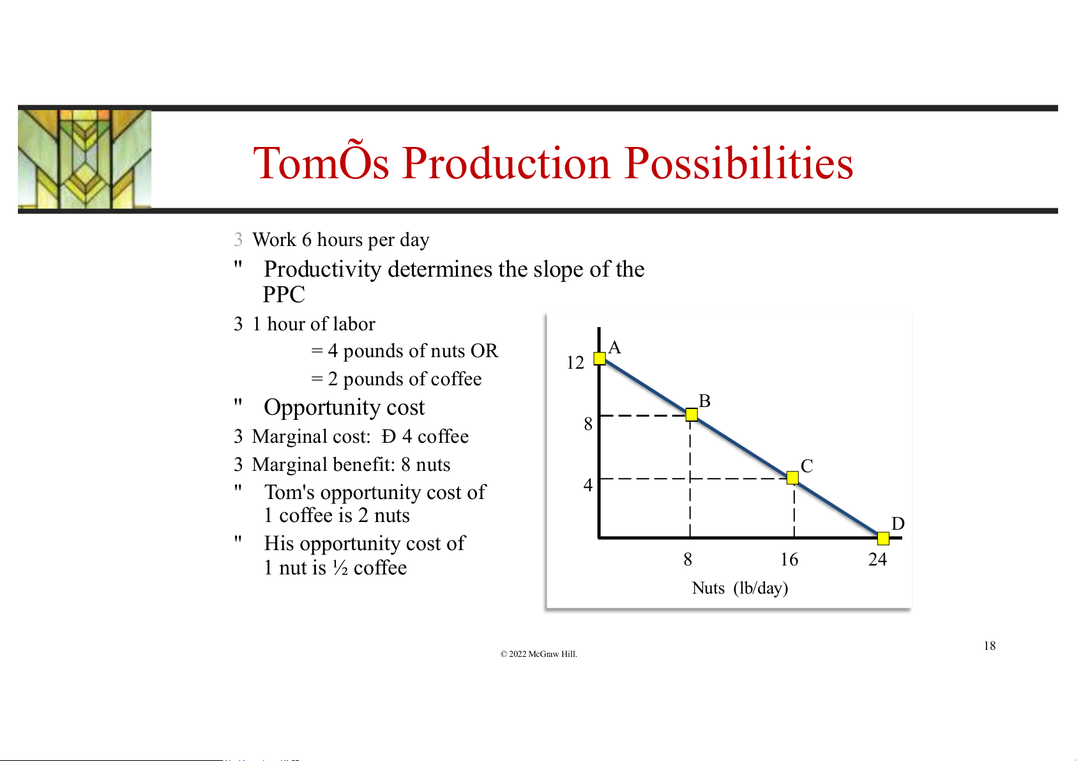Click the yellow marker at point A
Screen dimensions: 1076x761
click(600, 358)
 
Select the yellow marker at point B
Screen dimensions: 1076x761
click(692, 415)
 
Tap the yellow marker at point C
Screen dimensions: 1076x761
click(792, 477)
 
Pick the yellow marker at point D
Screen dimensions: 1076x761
click(883, 539)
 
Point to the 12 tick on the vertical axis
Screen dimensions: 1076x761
click(575, 362)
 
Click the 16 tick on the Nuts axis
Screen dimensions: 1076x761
click(789, 559)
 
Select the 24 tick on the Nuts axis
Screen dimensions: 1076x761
click(877, 559)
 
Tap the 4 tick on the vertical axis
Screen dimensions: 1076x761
click(588, 484)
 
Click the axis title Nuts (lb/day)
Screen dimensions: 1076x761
click(739, 588)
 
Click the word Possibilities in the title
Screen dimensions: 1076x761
click(739, 163)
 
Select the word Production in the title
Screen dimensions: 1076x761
click(506, 163)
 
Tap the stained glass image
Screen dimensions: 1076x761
click(84, 159)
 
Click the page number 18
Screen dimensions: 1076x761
click(990, 645)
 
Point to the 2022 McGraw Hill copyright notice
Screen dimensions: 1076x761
click(538, 654)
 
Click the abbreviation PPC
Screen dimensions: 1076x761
click(284, 294)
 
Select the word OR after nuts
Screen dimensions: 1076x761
click(484, 350)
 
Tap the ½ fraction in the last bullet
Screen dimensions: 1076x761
click(340, 568)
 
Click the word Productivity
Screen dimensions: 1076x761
click(323, 270)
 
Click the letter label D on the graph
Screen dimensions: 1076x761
click(898, 523)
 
